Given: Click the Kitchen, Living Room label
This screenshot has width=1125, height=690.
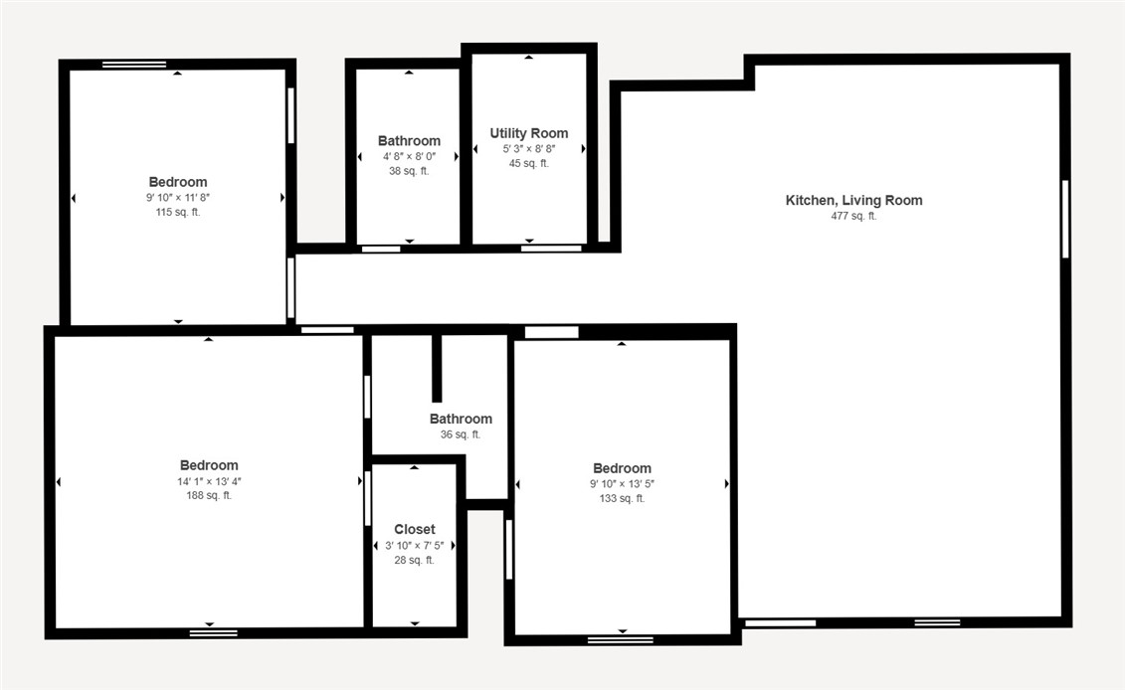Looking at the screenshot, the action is (853, 201).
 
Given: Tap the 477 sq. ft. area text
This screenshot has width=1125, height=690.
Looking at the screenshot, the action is (853, 216).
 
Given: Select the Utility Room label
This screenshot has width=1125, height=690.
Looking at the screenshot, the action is (529, 133).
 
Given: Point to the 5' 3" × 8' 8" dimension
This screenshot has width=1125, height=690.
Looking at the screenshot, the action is (529, 149).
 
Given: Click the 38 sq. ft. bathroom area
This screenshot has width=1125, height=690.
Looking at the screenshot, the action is (409, 171).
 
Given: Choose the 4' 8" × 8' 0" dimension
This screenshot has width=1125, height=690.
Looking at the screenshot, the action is (409, 156).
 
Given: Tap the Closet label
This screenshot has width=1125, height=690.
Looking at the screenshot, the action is (415, 529).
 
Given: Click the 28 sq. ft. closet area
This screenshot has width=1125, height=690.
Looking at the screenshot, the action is (415, 560).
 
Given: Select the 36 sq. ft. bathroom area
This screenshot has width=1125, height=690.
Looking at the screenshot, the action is (461, 434).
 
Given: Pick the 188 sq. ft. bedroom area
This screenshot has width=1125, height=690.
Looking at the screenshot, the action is (209, 495).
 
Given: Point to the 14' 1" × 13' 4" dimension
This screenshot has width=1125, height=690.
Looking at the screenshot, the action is (209, 481).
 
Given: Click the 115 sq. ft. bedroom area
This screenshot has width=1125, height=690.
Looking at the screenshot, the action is (178, 213).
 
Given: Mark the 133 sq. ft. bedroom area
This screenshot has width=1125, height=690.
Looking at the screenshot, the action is (622, 498).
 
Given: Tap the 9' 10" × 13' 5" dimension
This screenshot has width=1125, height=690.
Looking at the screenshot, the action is (622, 484).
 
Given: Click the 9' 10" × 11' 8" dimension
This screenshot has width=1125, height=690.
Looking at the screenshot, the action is (178, 197).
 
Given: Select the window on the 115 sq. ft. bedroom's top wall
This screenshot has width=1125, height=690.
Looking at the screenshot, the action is (134, 65).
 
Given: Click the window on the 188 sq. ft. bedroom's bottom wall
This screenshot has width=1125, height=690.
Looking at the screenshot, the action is (214, 633).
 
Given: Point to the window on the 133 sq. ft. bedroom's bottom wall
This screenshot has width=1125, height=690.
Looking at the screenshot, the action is (621, 640).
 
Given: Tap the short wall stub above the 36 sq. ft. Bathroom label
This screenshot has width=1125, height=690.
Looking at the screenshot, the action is (437, 368).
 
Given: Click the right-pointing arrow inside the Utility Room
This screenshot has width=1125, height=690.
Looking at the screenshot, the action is (583, 149).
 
